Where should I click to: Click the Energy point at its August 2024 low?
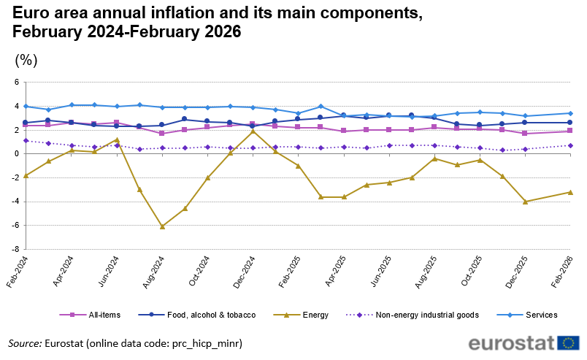[162, 226]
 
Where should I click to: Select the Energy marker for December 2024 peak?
[253, 131]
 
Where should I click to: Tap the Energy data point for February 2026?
[570, 192]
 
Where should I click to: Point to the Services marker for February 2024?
[26, 107]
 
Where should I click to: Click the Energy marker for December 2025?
[525, 202]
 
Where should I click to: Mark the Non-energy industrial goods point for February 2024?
[26, 140]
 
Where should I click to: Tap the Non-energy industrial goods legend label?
[417, 315]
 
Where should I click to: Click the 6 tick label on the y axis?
[16, 83]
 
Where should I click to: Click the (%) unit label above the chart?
[26, 60]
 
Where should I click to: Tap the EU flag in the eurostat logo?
[568, 343]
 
